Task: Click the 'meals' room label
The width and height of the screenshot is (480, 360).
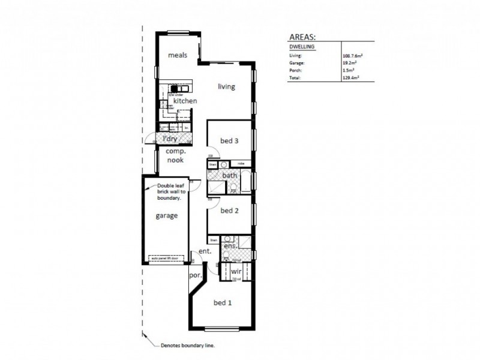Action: pyautogui.click(x=178, y=55)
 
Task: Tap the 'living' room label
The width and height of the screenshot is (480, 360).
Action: pyautogui.click(x=226, y=86)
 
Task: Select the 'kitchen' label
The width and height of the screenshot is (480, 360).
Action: pyautogui.click(x=185, y=101)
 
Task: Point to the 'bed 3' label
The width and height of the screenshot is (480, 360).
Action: pyautogui.click(x=230, y=141)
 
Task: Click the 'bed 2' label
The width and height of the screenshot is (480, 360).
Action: pyautogui.click(x=230, y=211)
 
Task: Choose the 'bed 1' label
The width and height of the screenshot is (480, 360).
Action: pyautogui.click(x=223, y=303)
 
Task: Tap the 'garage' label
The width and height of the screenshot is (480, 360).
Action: pyautogui.click(x=167, y=216)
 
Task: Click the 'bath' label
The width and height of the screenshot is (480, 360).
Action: pyautogui.click(x=230, y=175)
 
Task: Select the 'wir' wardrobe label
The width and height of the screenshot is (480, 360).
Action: pyautogui.click(x=236, y=271)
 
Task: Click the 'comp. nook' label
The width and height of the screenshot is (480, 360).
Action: pyautogui.click(x=175, y=156)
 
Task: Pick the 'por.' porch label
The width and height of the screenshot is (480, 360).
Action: pyautogui.click(x=194, y=275)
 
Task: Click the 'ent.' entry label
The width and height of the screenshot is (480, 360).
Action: pyautogui.click(x=205, y=251)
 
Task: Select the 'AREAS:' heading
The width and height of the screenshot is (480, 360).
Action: pyautogui.click(x=305, y=36)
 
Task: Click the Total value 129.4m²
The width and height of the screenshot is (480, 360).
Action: pyautogui.click(x=351, y=78)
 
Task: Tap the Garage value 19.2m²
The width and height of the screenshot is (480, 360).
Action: pyautogui.click(x=350, y=62)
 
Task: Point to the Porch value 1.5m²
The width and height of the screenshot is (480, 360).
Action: pyautogui.click(x=349, y=70)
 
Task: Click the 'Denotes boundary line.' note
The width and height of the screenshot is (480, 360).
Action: pyautogui.click(x=188, y=346)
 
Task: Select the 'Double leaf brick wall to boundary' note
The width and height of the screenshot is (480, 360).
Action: pyautogui.click(x=173, y=191)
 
